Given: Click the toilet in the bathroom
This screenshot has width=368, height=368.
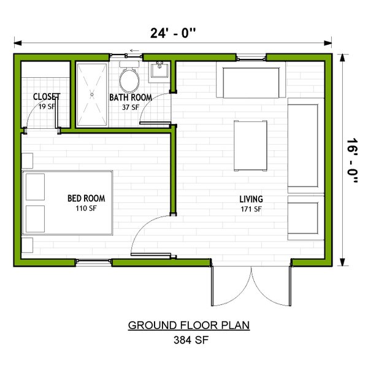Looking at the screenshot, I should tap(129, 79).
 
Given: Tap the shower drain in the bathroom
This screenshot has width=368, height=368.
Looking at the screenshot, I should tap(93, 94).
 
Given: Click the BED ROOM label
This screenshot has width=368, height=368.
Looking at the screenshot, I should tap(86, 198).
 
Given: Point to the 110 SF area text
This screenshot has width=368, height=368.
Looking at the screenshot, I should tap(86, 208).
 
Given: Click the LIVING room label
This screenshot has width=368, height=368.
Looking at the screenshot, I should tap(251, 199).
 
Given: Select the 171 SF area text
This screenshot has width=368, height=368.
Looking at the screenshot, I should tap(251, 209).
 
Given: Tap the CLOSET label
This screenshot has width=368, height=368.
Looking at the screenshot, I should tap(47, 97).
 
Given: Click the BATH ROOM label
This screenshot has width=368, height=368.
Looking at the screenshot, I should tap(130, 98).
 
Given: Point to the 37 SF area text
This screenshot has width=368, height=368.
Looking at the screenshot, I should tap(130, 107).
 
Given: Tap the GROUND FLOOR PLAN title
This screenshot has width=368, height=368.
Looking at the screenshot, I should tap(188, 325).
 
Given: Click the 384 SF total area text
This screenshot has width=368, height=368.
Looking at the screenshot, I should tap(189, 340).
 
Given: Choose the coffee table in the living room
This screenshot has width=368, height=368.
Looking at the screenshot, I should tap(250, 145).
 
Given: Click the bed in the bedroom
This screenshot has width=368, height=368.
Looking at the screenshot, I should tap(67, 203).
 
